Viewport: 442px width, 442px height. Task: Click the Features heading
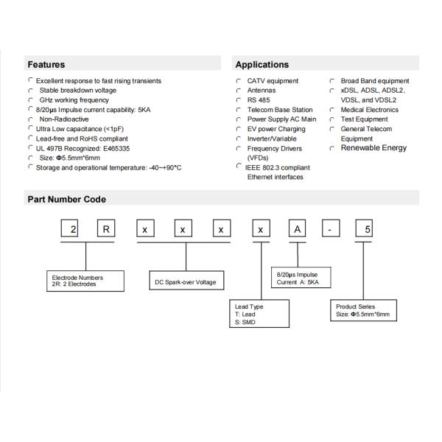point(46,64)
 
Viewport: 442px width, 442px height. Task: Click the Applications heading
point(262,64)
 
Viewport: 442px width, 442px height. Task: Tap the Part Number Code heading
point(67,198)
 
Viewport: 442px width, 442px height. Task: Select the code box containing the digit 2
point(72,230)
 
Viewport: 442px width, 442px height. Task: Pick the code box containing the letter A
point(297,230)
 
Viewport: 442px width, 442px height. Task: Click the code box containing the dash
point(331,230)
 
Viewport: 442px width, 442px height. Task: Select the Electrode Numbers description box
point(83,281)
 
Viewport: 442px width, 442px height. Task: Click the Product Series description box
point(362,310)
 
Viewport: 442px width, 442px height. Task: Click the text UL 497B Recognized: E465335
point(83,148)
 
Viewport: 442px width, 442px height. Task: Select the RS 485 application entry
point(259,100)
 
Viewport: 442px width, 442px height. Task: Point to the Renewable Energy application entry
point(373,148)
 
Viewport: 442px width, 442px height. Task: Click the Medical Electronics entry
point(368,110)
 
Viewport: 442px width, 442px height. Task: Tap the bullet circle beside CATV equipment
point(239,81)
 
